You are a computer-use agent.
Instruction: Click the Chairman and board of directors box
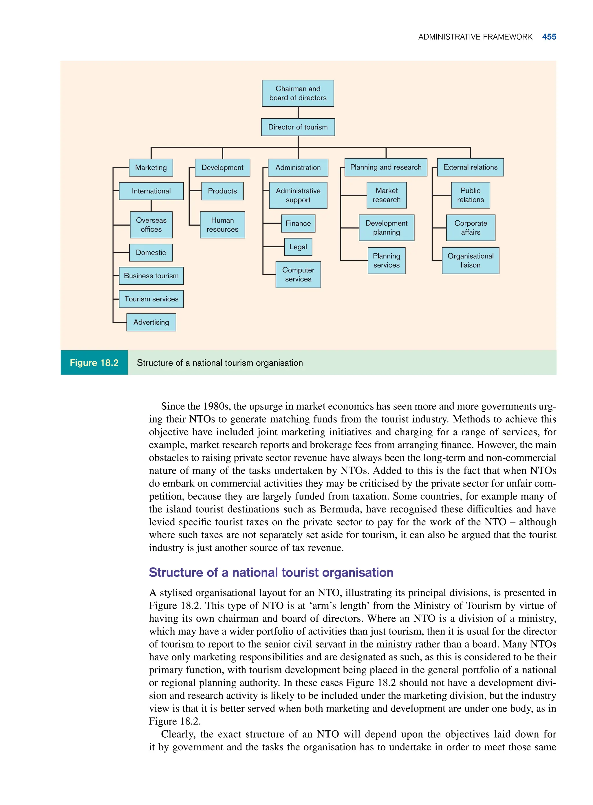click(x=298, y=93)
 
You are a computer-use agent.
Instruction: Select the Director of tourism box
click(x=298, y=127)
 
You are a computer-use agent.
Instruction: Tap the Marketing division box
click(x=151, y=167)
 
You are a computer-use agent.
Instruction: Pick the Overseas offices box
click(x=151, y=225)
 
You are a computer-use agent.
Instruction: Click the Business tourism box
click(x=151, y=276)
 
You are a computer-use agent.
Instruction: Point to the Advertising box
click(x=151, y=322)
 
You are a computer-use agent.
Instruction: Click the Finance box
click(x=298, y=223)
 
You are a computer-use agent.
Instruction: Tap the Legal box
click(x=298, y=247)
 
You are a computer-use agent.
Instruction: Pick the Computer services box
click(x=298, y=274)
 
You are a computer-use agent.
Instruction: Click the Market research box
click(x=386, y=195)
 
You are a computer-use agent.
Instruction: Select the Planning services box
click(x=386, y=260)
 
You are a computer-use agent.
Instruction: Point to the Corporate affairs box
click(x=470, y=228)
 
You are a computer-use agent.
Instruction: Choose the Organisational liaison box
click(x=470, y=260)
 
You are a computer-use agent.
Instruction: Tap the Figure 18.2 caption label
click(x=94, y=362)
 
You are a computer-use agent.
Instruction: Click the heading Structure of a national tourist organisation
click(x=271, y=572)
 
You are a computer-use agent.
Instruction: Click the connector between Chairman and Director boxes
click(x=298, y=112)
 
